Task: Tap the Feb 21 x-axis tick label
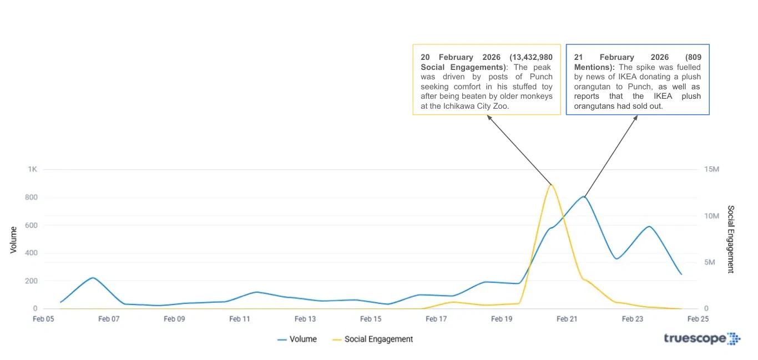pos(567,319)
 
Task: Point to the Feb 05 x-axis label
pos(43,319)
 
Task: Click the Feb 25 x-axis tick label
pos(698,319)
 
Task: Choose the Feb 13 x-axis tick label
pos(305,319)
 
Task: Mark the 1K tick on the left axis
pos(32,169)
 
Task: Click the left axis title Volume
pos(13,240)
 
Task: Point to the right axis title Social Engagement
pos(731,239)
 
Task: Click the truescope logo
pos(701,338)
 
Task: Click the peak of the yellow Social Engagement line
pos(550,185)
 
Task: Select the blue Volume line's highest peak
pos(584,196)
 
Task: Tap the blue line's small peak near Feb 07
pos(93,277)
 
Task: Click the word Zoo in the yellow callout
pos(501,106)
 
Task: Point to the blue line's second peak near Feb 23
pos(649,226)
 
